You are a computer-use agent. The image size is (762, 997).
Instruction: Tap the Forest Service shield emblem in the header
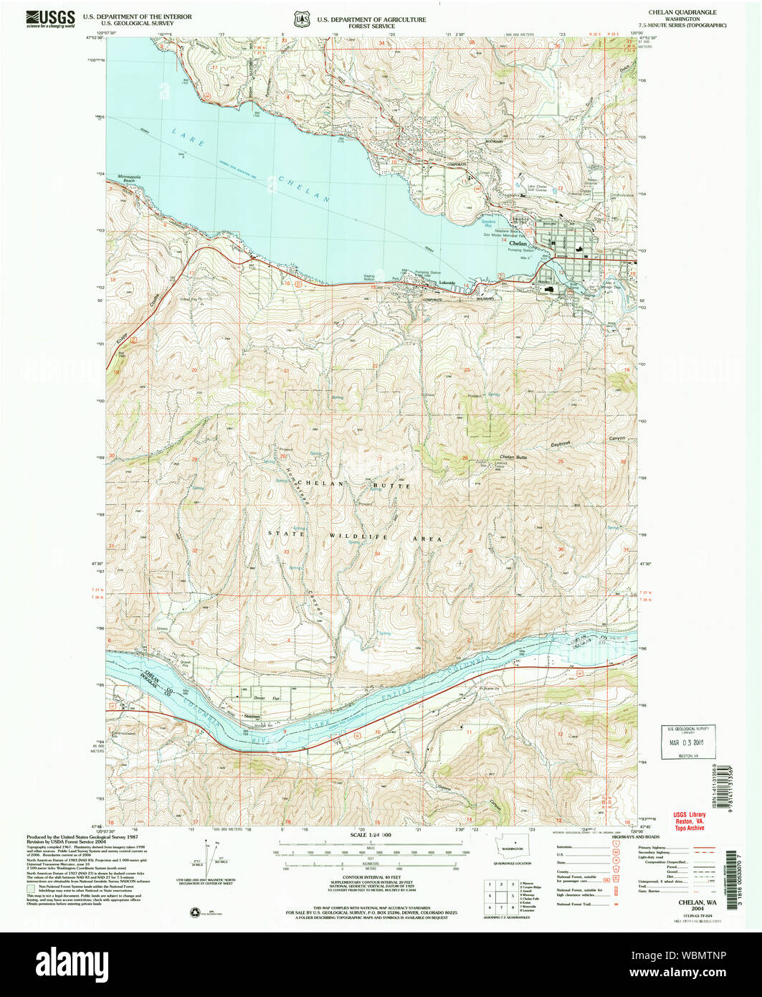[x=300, y=19]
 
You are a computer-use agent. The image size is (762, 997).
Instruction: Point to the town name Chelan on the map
[x=518, y=243]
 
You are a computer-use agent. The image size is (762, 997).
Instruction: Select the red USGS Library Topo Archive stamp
[x=689, y=821]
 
